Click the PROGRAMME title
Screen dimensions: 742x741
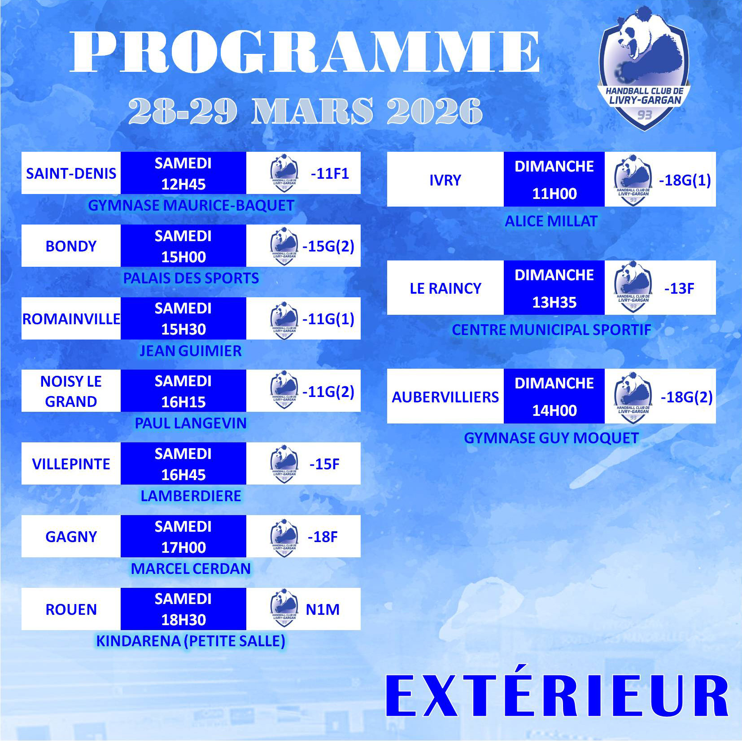[305, 51]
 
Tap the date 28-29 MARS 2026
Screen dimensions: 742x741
[305, 111]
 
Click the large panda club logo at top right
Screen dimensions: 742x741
[644, 69]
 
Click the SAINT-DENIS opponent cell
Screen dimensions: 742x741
[71, 173]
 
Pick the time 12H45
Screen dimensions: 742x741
[183, 184]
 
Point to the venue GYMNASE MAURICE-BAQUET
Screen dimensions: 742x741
[191, 205]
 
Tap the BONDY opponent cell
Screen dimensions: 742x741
[71, 246]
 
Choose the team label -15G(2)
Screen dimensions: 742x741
[328, 246]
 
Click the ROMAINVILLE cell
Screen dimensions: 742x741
[71, 318]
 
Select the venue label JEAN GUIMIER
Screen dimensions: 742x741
[191, 351]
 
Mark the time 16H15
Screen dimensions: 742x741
[183, 402]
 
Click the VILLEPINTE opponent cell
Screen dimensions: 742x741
[71, 463]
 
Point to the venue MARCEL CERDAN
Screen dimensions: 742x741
[191, 569]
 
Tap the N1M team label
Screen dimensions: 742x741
[323, 609]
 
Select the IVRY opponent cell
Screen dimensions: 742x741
[445, 179]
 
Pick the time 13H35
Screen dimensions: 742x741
[554, 302]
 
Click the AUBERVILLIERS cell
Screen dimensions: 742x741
[445, 396]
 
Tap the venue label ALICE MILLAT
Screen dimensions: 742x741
[551, 221]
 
